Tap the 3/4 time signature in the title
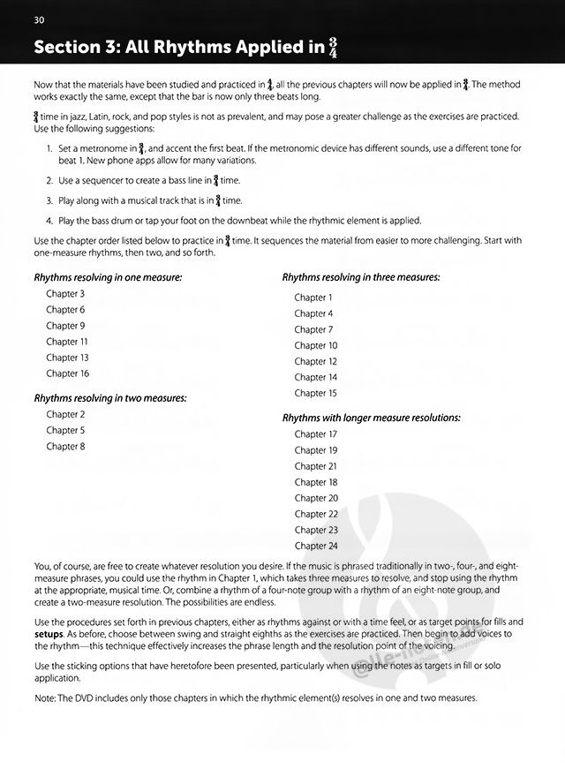334,49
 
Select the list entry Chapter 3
65,294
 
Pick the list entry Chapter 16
68,373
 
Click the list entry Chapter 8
65,446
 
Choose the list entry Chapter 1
313,298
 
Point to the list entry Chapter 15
316,393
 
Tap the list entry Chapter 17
316,434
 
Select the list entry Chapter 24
316,546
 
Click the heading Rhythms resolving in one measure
108,277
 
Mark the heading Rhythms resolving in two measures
110,398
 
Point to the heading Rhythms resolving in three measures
361,277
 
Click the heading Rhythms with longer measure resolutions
372,418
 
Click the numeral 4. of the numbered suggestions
49,220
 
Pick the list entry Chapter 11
68,342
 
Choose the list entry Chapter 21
316,466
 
